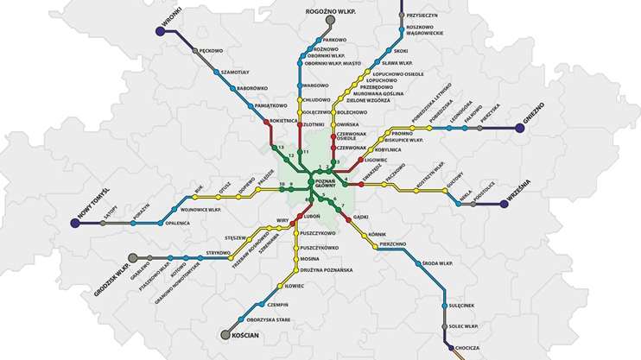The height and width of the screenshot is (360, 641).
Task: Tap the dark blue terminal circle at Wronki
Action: point(160,31)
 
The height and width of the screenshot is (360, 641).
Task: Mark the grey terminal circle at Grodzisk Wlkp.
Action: point(133,257)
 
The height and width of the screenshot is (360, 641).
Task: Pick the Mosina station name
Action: point(310,259)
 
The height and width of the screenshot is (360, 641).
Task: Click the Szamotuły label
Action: point(235,73)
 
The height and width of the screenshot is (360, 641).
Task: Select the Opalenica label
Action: point(177,223)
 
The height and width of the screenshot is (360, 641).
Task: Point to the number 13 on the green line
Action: point(281,148)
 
